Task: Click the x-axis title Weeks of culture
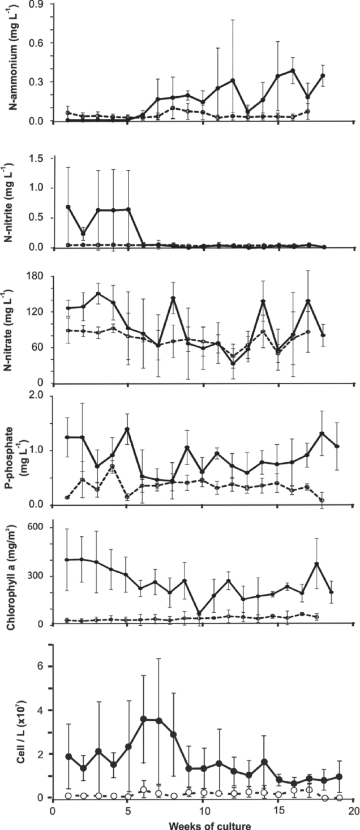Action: [203, 824]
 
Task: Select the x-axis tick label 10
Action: [203, 810]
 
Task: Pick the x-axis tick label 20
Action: [353, 810]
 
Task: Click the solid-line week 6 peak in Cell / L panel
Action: [144, 719]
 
